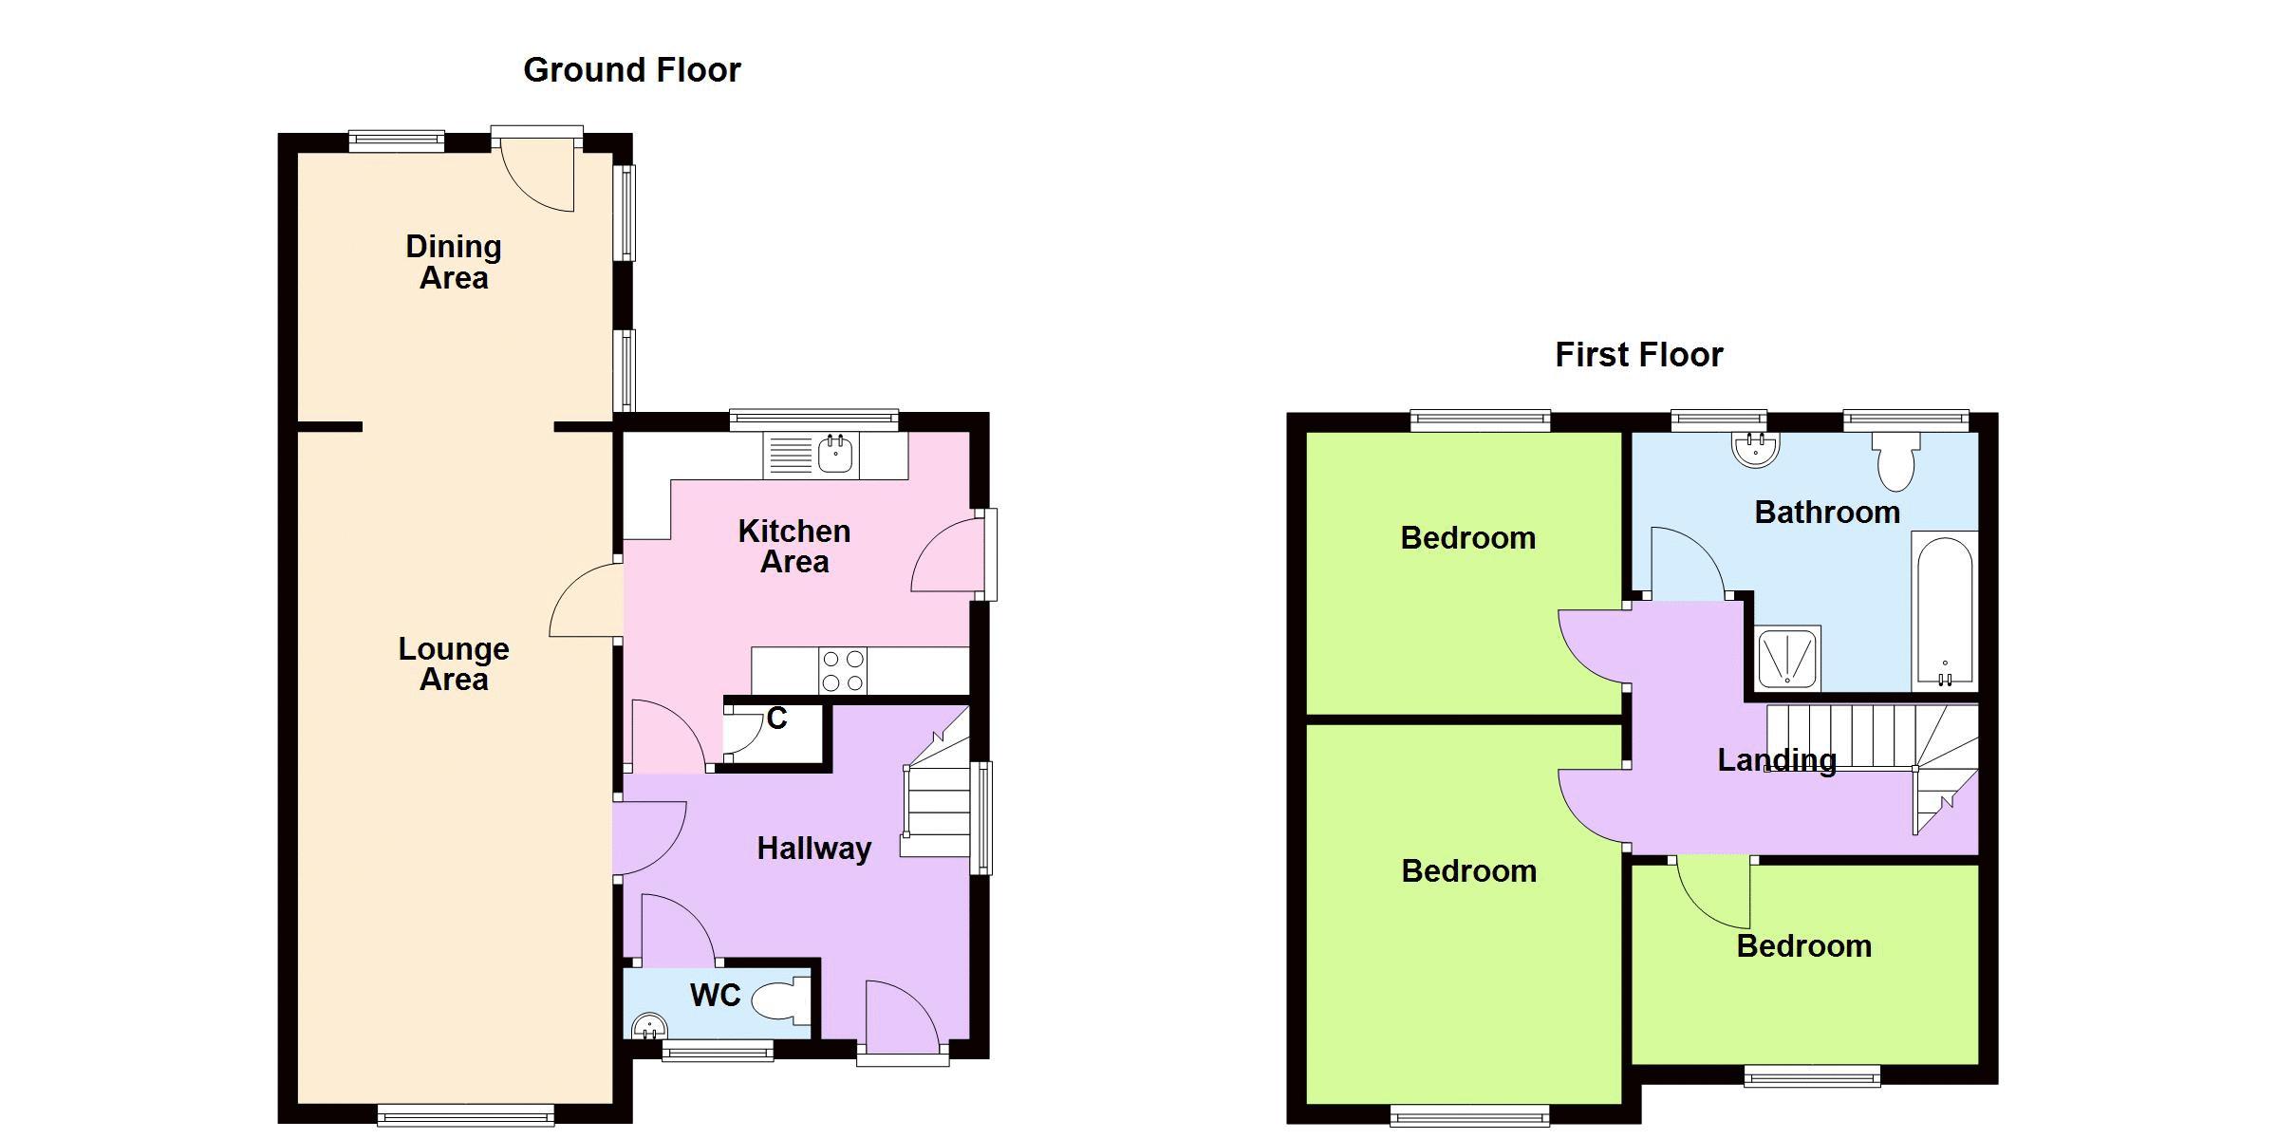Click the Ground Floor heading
631,70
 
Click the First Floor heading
1638,355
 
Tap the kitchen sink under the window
835,455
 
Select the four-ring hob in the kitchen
843,670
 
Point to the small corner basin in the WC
649,1025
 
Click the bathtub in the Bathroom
1945,611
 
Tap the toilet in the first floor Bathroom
1896,461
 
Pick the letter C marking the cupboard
777,719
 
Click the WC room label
715,995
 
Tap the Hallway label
813,849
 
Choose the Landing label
1777,760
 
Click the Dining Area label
454,262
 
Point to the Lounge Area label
454,663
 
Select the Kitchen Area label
794,546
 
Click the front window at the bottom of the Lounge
465,1115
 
